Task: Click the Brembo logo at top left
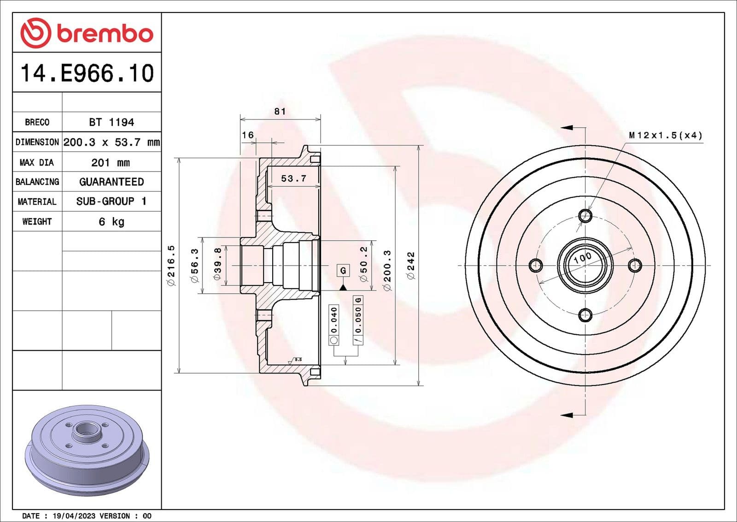coord(87,33)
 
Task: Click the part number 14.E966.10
coord(87,73)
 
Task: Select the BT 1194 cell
coord(111,122)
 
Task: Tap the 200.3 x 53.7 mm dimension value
coord(111,142)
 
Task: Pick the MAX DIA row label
coord(37,162)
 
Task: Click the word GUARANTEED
coord(111,182)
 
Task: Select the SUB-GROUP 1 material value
coord(111,202)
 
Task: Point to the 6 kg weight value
coord(111,222)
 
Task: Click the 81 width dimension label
coord(280,111)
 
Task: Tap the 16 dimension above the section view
coord(248,135)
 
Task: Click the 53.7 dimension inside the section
coord(293,178)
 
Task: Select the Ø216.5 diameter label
coord(171,265)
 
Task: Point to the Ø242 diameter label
coord(411,265)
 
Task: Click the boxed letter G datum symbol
coord(343,270)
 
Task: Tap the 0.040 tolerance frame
coord(334,324)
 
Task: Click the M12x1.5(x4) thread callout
coord(666,135)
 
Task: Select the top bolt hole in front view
coord(585,215)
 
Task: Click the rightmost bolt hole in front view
coord(635,265)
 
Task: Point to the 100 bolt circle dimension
coord(583,257)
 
